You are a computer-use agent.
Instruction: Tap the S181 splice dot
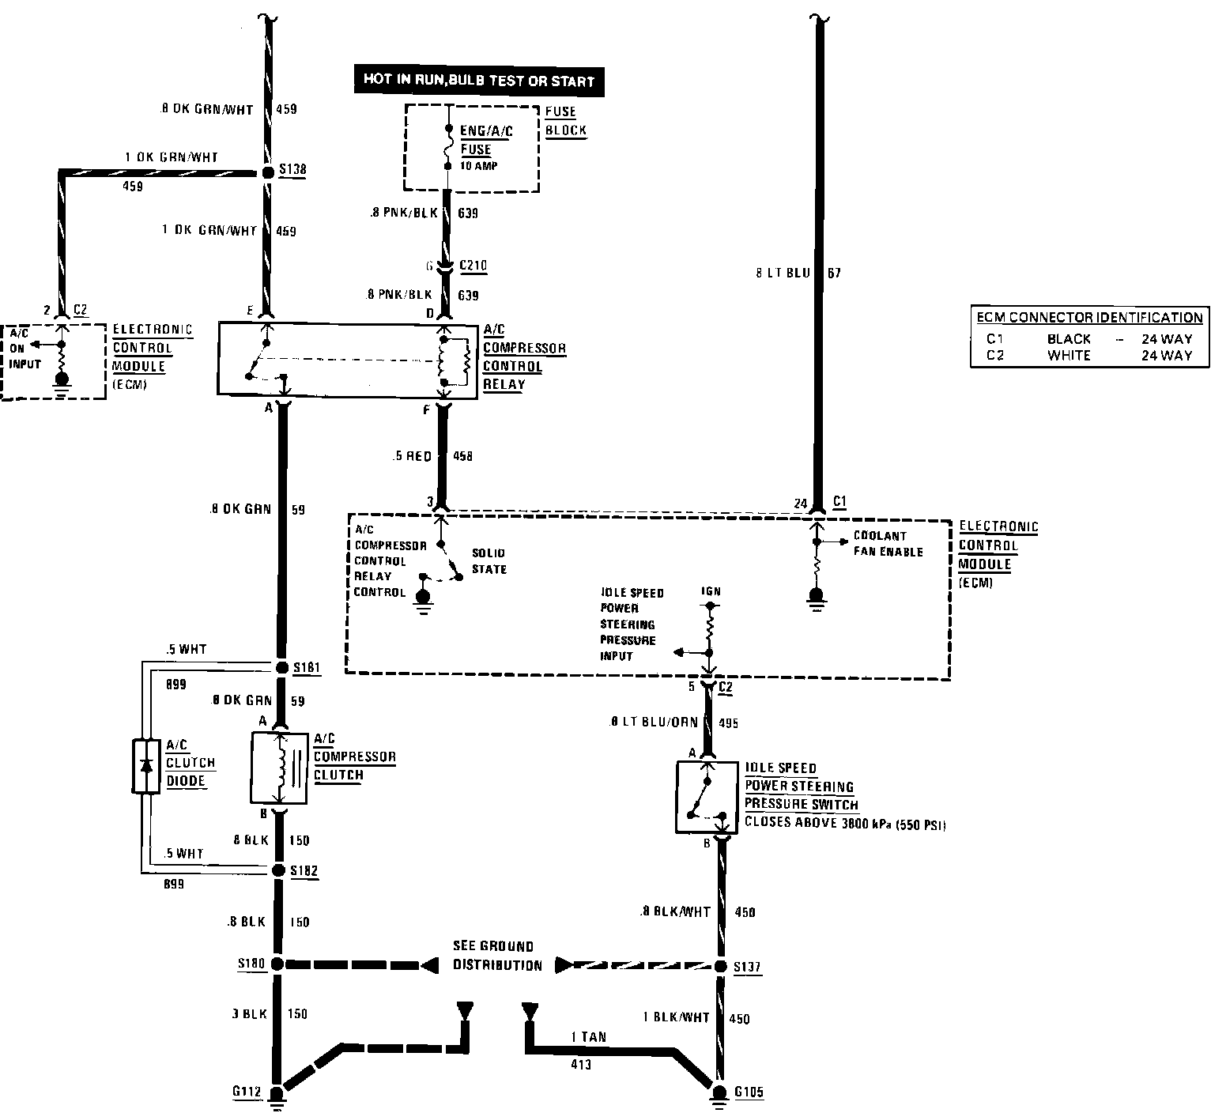click(x=281, y=668)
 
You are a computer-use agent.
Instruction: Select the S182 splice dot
click(x=278, y=870)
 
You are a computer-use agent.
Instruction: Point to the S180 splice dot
click(x=277, y=964)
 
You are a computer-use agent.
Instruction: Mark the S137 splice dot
click(x=720, y=967)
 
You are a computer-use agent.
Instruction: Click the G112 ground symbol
click(x=277, y=1096)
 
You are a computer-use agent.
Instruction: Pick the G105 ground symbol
click(x=719, y=1093)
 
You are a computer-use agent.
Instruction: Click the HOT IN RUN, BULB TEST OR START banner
click(x=478, y=81)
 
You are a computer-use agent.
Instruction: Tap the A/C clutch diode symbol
click(x=146, y=765)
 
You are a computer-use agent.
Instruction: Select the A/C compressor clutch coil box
click(x=278, y=768)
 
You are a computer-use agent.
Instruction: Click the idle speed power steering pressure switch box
click(x=707, y=797)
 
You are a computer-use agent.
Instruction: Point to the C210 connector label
click(x=473, y=266)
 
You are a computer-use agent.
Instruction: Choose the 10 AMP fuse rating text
click(x=479, y=166)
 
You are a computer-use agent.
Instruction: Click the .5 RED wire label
click(x=412, y=456)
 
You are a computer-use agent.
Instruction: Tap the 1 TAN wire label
click(x=588, y=1036)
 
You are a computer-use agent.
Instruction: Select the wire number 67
click(x=835, y=274)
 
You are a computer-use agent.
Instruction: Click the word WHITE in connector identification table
click(x=1069, y=356)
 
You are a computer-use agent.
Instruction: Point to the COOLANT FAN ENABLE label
click(x=888, y=544)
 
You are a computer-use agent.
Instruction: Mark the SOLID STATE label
click(x=489, y=560)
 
